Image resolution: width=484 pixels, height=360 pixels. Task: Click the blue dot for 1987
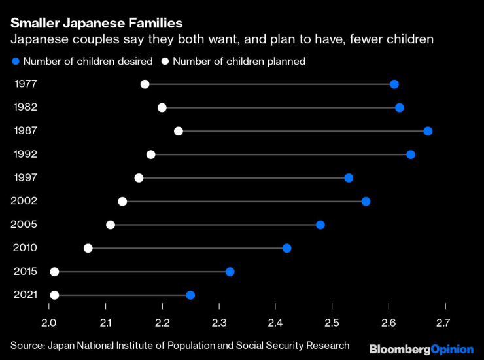[x=428, y=131]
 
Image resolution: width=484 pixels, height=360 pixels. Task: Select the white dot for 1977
[x=145, y=84]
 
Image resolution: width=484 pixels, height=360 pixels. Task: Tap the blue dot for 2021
[x=190, y=295]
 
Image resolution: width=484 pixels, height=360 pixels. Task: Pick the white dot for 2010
[x=88, y=248]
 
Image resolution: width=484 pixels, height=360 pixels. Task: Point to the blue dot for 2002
[x=366, y=201]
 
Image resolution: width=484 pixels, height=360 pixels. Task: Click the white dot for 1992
[x=151, y=154]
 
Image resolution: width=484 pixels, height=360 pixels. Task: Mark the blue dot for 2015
[x=230, y=272]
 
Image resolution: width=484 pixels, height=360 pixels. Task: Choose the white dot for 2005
[x=111, y=225]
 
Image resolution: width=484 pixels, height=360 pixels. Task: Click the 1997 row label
[x=25, y=178]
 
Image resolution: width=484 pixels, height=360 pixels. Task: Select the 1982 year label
[x=25, y=107]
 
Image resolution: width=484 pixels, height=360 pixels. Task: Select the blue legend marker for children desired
[x=15, y=62]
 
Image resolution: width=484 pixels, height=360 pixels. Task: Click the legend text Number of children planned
[x=239, y=62]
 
